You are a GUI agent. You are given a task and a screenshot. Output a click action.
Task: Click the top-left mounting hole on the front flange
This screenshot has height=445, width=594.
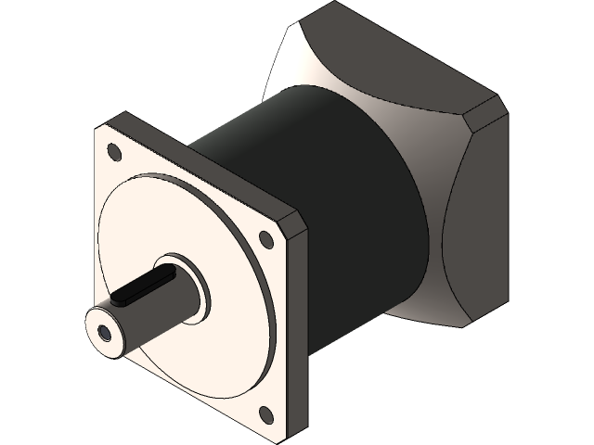pyautogui.click(x=113, y=151)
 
